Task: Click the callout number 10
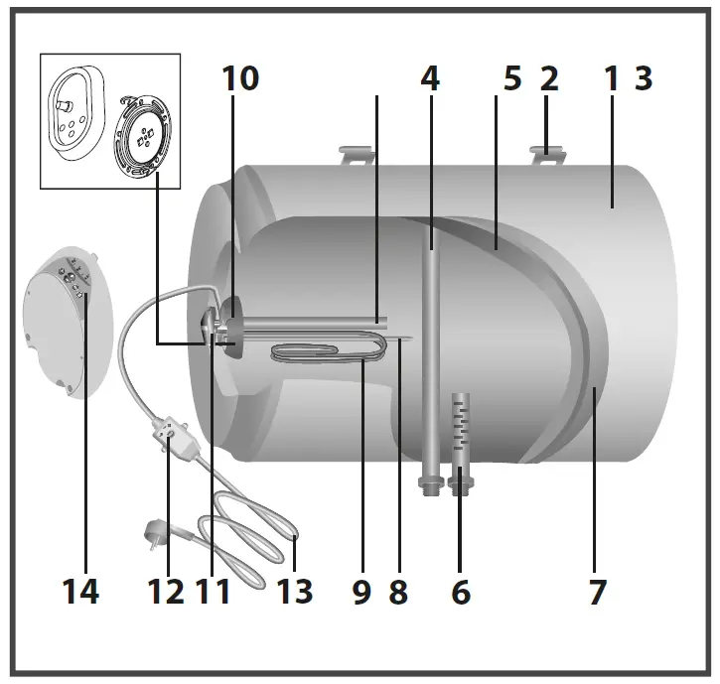[238, 79]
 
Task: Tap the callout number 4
[429, 79]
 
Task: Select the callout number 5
[511, 79]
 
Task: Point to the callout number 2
[549, 79]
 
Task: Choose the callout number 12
[166, 592]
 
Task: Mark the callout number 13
[294, 592]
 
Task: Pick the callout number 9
[360, 592]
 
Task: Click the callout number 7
[596, 592]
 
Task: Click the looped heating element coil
[328, 352]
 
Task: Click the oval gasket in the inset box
[75, 112]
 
